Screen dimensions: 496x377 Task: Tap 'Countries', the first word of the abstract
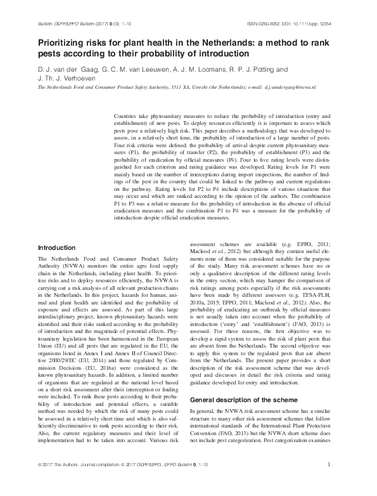coord(125,118)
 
